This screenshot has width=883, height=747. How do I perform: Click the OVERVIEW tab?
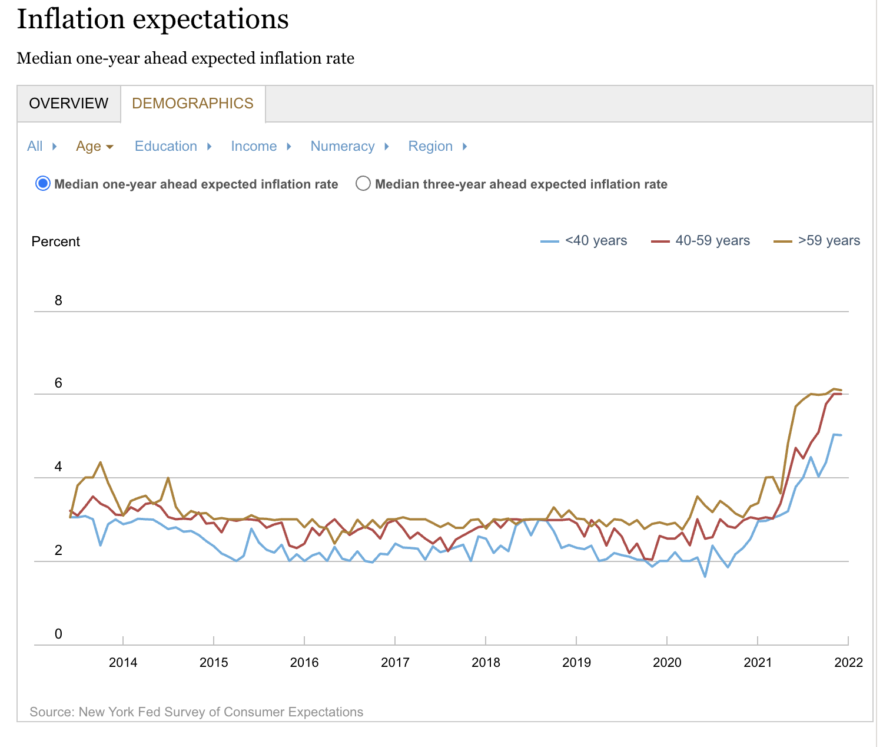tap(69, 103)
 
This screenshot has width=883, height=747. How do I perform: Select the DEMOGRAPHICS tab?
tap(192, 103)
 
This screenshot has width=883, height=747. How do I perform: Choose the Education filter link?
tap(166, 146)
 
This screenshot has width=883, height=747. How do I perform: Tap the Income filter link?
tap(254, 146)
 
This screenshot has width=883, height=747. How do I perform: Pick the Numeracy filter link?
tap(343, 146)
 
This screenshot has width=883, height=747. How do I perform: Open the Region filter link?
tap(430, 146)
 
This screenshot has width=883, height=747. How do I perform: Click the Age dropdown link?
tap(89, 146)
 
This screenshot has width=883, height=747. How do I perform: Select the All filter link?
tap(35, 146)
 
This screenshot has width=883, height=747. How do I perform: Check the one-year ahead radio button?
tap(43, 184)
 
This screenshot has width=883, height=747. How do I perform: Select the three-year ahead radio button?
tap(363, 184)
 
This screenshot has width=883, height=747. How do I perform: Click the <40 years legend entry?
tap(596, 240)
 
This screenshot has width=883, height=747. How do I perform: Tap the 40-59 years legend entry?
tap(712, 240)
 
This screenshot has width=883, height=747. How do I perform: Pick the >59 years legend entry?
tap(829, 240)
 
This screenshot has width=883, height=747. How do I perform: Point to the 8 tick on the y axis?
tap(58, 300)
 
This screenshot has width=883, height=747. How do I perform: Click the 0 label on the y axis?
tap(58, 634)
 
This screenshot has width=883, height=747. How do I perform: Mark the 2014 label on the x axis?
tap(123, 662)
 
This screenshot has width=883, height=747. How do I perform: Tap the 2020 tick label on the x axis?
tap(667, 662)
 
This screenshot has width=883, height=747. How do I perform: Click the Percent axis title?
tap(56, 242)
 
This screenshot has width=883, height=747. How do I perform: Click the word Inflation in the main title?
tap(71, 19)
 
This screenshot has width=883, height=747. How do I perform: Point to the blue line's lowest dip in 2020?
tap(705, 576)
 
